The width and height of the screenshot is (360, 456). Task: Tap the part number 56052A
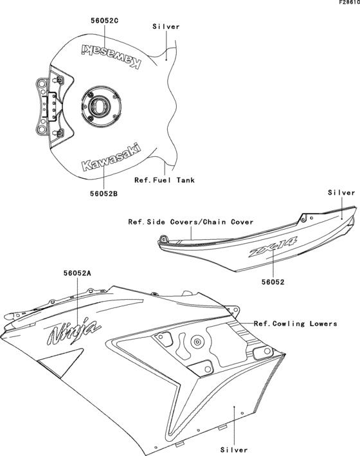77,273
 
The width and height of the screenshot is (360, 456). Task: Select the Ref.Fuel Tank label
164,180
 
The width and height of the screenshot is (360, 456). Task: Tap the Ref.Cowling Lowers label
295,324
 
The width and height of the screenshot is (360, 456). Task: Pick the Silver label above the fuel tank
166,26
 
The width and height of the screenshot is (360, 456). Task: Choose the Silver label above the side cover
341,193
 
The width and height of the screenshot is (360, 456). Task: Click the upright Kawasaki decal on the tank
109,158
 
